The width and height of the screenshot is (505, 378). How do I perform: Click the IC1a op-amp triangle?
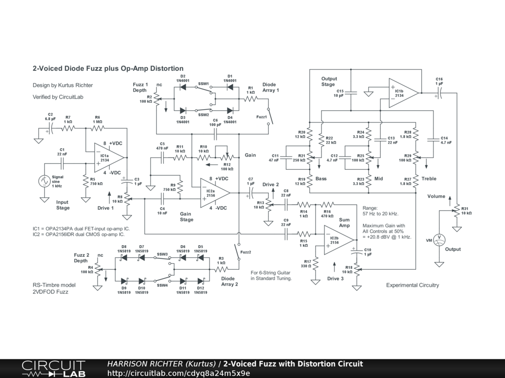[x=108, y=157]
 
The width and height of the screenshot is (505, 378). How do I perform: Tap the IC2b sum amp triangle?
[x=339, y=240]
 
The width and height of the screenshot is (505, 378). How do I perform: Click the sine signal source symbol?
[x=44, y=181]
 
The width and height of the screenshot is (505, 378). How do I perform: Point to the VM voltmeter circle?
[x=438, y=240]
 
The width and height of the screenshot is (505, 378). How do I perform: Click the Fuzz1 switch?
[x=271, y=116]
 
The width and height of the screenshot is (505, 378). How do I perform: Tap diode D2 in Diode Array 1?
[x=182, y=87]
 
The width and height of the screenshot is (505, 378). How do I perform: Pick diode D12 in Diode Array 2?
[x=200, y=281]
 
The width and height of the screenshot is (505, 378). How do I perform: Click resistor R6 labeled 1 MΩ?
[x=98, y=128]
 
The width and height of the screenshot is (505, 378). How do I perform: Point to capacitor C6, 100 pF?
[x=215, y=134]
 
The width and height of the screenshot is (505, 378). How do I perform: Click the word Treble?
[x=429, y=179]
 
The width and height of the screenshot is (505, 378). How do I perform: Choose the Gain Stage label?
[x=186, y=217]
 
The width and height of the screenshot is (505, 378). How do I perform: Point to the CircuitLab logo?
[x=53, y=369]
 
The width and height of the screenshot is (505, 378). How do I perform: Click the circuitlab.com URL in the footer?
[x=179, y=373]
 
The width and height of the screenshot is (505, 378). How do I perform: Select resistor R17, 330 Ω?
[x=315, y=264]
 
